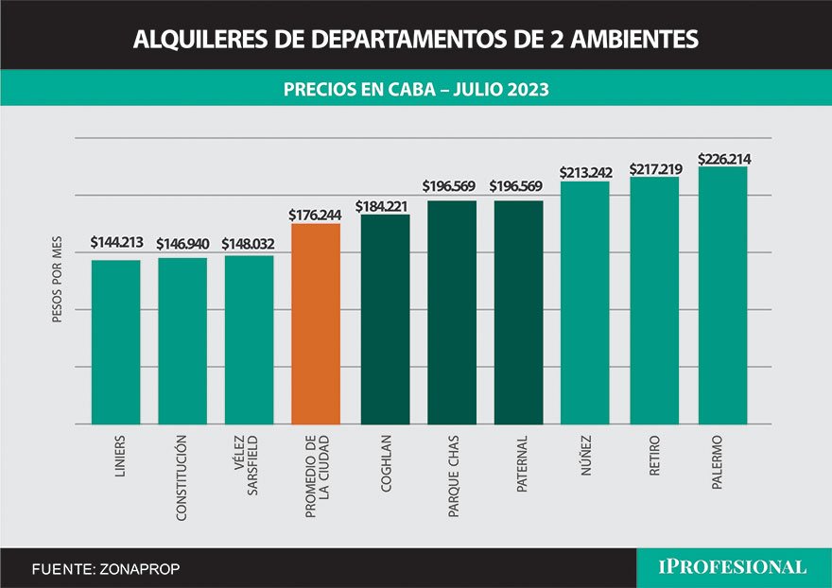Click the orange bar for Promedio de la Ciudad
pyautogui.click(x=316, y=324)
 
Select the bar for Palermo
pyautogui.click(x=722, y=296)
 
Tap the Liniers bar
pyautogui.click(x=115, y=342)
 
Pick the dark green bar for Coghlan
pyautogui.click(x=386, y=320)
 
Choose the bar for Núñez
pyautogui.click(x=585, y=303)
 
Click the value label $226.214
pyautogui.click(x=722, y=159)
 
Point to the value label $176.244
pyautogui.click(x=316, y=216)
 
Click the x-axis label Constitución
pyautogui.click(x=182, y=478)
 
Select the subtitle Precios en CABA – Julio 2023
pyautogui.click(x=416, y=90)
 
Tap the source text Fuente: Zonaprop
pyautogui.click(x=105, y=569)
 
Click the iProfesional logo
pyautogui.click(x=733, y=567)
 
